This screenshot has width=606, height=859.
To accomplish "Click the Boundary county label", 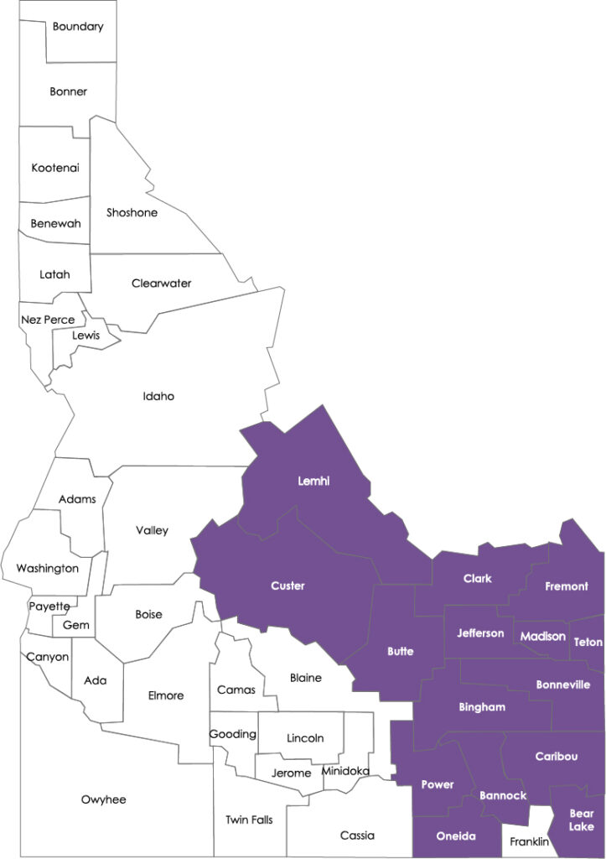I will [78, 27].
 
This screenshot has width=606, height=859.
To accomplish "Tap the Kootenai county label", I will [55, 168].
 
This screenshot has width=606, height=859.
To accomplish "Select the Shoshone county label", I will [132, 213].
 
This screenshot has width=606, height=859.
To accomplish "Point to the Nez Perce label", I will [47, 320].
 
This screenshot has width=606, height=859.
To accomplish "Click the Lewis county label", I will [85, 336].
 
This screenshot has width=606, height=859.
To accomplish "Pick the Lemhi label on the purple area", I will [314, 482].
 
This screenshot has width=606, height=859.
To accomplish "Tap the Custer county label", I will [287, 586].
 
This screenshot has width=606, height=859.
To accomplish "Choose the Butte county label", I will [400, 652].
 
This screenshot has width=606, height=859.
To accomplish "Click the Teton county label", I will [588, 643].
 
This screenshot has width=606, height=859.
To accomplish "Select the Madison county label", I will [542, 637].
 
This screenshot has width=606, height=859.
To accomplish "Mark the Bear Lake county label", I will [581, 820].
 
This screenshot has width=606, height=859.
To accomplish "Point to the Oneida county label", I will [456, 836].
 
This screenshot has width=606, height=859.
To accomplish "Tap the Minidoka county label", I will [344, 771].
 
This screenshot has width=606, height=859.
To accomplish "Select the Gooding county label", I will [232, 734].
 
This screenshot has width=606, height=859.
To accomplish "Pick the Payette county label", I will [49, 606].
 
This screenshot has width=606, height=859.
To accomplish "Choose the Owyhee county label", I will [103, 799].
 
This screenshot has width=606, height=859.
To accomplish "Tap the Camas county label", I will [236, 690].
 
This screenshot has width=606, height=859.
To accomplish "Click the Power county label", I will [437, 785].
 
